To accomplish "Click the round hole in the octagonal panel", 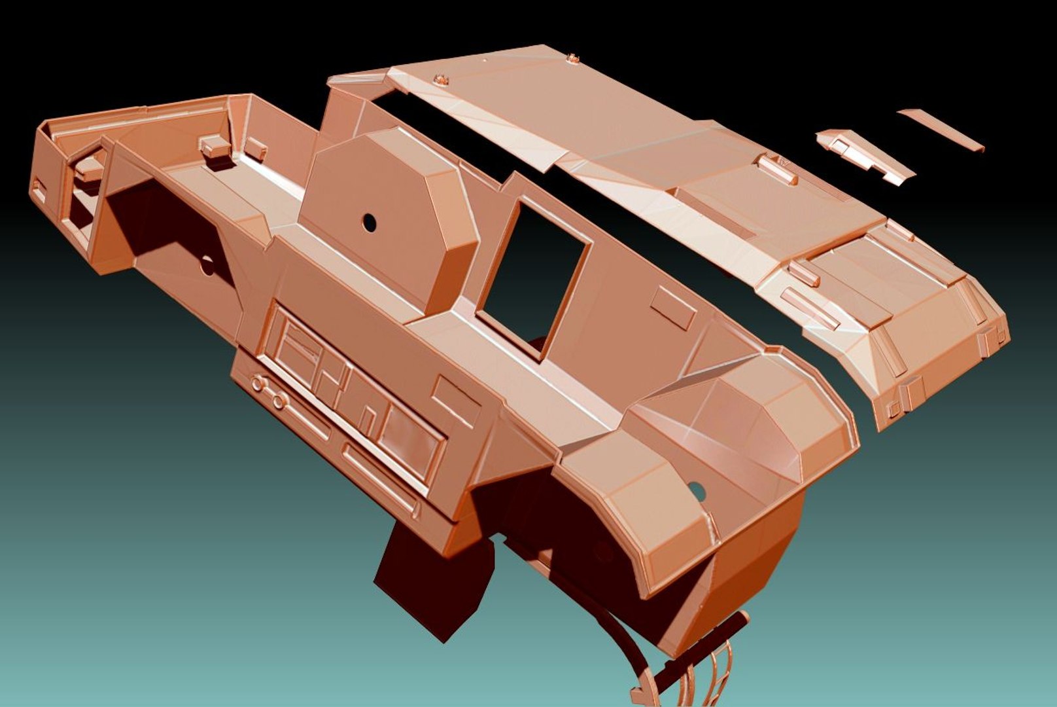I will (x=370, y=223).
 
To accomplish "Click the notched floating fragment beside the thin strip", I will (x=863, y=154).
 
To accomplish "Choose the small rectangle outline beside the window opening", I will (x=673, y=306).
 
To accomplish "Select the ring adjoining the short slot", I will (x=279, y=401).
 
